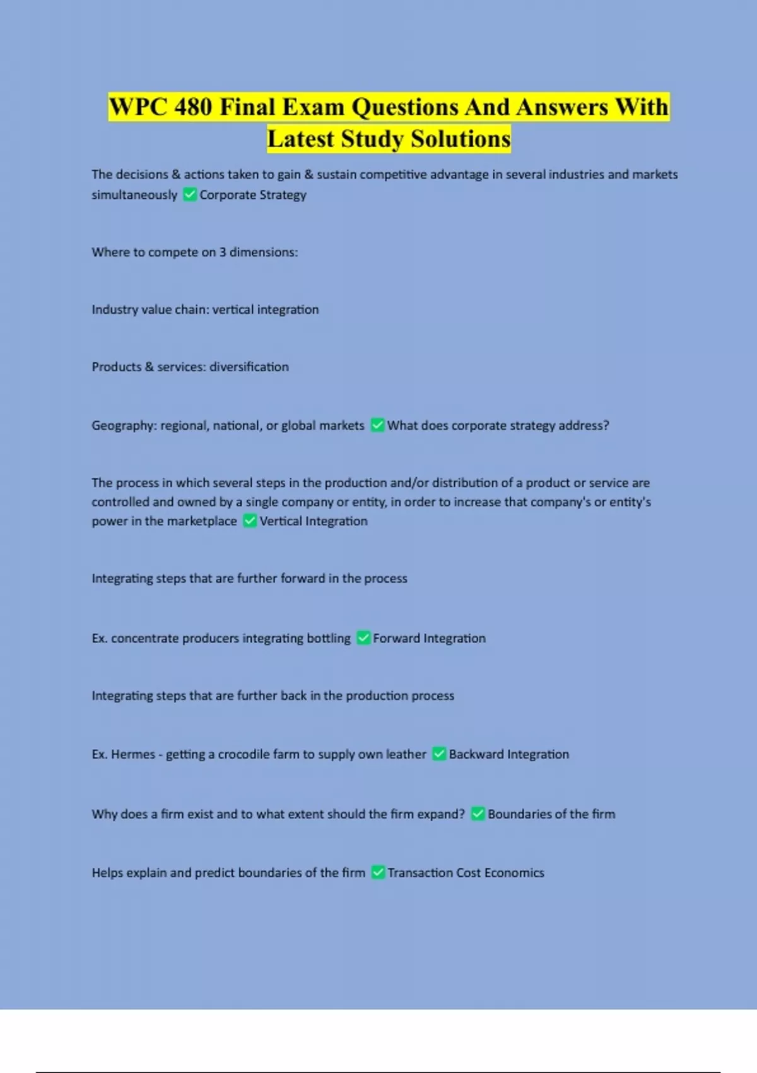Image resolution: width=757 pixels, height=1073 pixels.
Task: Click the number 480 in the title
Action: pyautogui.click(x=194, y=107)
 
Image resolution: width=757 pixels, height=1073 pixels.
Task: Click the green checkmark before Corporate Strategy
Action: pyautogui.click(x=189, y=194)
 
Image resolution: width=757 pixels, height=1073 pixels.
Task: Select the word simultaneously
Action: pyautogui.click(x=134, y=194)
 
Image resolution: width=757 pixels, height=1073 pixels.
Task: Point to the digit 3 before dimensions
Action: pyautogui.click(x=222, y=252)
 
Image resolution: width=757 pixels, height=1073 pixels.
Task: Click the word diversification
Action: pyautogui.click(x=249, y=367)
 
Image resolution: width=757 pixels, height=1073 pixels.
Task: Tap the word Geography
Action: pyautogui.click(x=123, y=425)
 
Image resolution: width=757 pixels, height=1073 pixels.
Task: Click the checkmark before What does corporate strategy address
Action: pyautogui.click(x=377, y=425)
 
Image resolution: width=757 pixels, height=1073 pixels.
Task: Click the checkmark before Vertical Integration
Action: pyautogui.click(x=250, y=521)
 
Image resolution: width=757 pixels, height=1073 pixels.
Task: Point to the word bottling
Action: pyautogui.click(x=328, y=638)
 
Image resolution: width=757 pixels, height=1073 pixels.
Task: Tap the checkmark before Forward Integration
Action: pyautogui.click(x=363, y=638)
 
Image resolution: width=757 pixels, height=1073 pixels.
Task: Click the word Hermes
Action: pyautogui.click(x=132, y=754)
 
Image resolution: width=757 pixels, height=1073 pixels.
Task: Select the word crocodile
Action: pyautogui.click(x=244, y=754)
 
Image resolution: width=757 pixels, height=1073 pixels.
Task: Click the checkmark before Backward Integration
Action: pyautogui.click(x=439, y=754)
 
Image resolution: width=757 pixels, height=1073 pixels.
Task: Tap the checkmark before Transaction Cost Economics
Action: pyautogui.click(x=378, y=872)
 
